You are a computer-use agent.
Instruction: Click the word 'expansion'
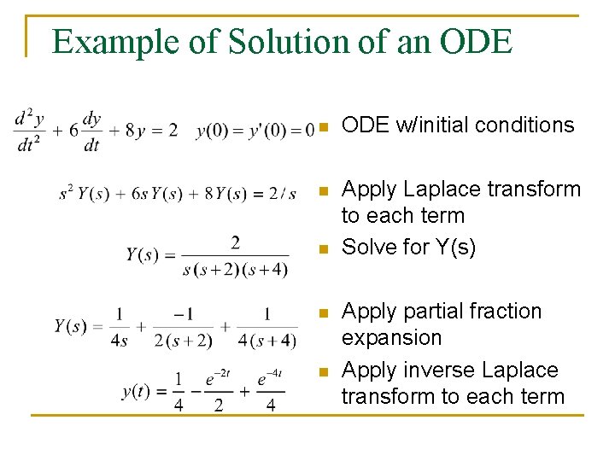click(x=391, y=338)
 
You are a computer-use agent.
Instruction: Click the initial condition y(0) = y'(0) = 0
click(x=255, y=131)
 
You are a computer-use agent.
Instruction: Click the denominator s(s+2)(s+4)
click(x=235, y=270)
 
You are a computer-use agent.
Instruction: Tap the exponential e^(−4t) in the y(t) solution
click(x=269, y=378)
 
